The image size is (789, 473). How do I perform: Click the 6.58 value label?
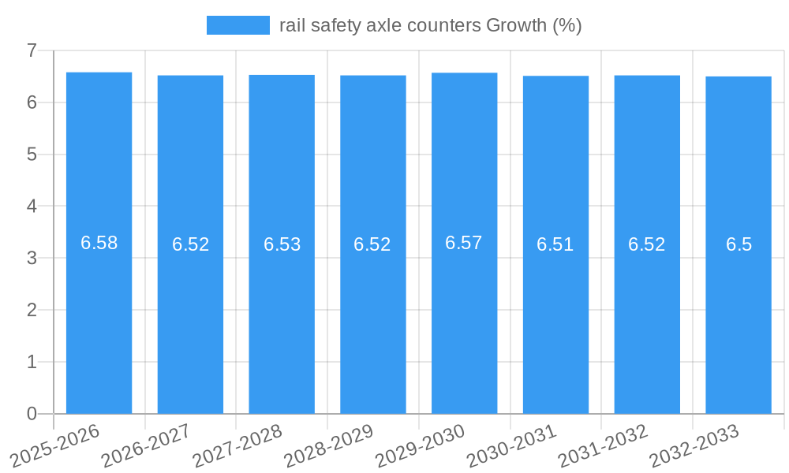tap(99, 243)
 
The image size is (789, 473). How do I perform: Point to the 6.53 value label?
tap(282, 244)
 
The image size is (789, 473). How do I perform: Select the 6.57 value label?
tap(464, 243)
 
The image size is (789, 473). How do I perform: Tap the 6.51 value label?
tap(555, 244)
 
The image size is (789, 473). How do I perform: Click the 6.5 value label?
tap(739, 244)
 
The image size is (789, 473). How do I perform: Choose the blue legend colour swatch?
tap(238, 25)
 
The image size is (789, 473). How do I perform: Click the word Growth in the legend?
tap(516, 25)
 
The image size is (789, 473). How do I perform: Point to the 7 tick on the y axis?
tap(32, 50)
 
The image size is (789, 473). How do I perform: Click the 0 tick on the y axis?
tap(32, 413)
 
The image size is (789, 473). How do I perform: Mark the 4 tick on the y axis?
tap(32, 206)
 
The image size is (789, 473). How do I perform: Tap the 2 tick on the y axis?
tap(32, 310)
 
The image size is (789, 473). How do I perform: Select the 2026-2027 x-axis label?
tap(145, 445)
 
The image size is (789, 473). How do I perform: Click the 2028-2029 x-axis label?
tap(327, 445)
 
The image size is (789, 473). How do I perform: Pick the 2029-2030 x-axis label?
tap(419, 445)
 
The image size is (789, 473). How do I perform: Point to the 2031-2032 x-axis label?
tap(602, 445)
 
